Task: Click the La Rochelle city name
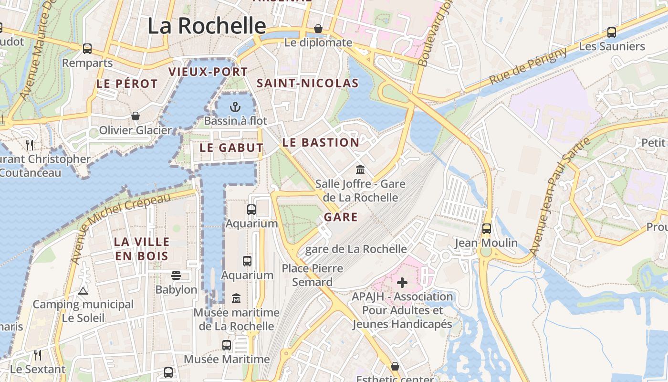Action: coord(207,26)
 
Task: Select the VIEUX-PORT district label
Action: coord(208,72)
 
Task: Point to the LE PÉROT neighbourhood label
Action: coord(127,84)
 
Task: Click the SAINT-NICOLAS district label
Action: coord(308,83)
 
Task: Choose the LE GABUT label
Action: coord(231,148)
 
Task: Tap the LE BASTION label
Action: coord(321,142)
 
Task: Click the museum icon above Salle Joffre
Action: coord(360,170)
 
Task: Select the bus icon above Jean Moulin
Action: coord(486,229)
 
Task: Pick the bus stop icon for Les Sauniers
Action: coord(611,32)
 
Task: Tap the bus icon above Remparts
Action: coord(87,49)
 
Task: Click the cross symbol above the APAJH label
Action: coord(402,283)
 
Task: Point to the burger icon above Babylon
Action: coord(176,276)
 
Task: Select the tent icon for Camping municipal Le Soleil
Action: coord(83,290)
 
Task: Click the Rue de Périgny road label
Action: coord(528,66)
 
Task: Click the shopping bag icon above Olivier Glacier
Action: coord(136,116)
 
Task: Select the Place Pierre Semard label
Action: coord(313,275)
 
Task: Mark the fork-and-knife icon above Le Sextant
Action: coord(38,355)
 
